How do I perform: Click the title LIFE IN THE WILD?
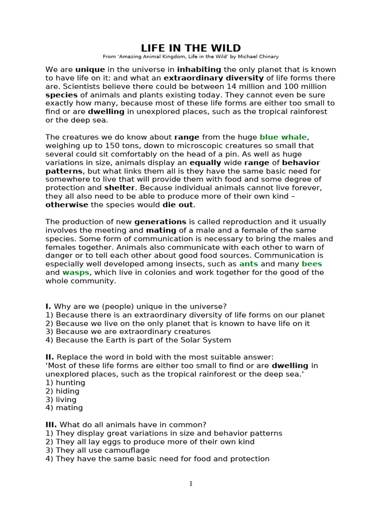(x=191, y=48)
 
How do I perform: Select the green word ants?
(x=249, y=264)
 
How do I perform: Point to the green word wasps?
(x=75, y=272)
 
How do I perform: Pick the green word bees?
(x=312, y=264)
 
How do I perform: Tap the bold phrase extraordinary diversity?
(x=214, y=78)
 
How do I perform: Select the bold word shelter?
(x=119, y=188)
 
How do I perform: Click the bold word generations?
(x=160, y=222)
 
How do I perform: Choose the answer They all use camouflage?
(x=97, y=450)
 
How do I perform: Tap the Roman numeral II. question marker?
(x=50, y=357)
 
